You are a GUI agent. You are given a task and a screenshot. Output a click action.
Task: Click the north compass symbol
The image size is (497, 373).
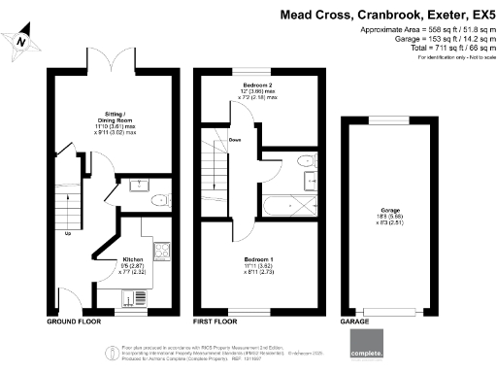coord(21,39)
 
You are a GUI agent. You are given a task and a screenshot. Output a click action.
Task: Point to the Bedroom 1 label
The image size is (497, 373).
coord(256,261)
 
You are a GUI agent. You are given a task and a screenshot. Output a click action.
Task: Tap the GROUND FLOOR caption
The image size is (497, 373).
coord(74,320)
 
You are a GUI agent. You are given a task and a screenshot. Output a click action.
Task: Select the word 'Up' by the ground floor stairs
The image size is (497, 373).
coord(67,234)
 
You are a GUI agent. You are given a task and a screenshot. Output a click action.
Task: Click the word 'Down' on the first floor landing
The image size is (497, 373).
coord(235,139)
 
